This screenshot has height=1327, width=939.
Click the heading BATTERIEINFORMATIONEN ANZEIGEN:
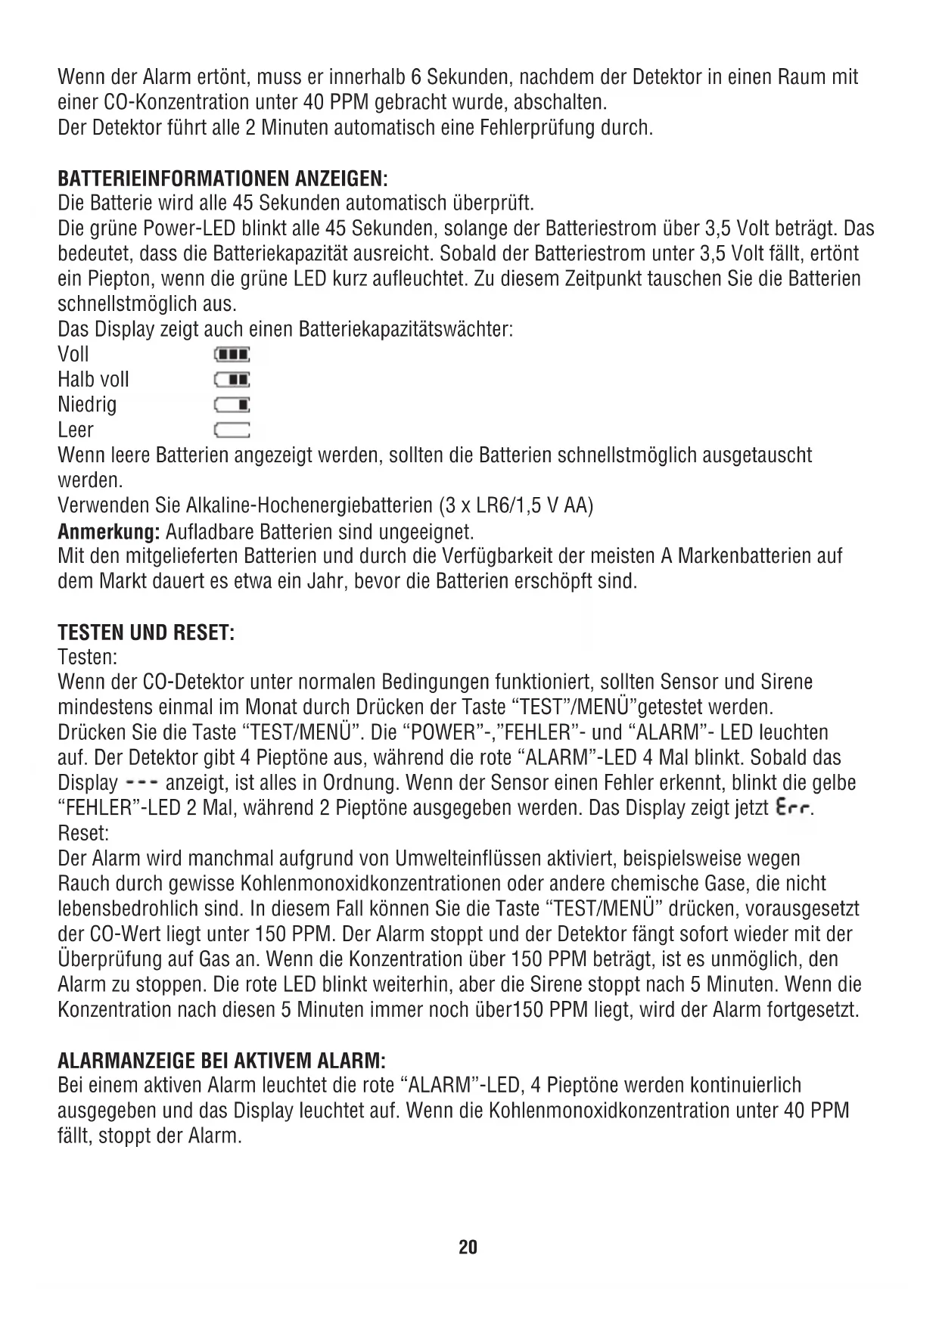click(222, 179)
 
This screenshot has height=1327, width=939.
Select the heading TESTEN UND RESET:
click(146, 632)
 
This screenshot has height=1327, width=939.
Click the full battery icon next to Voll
click(232, 355)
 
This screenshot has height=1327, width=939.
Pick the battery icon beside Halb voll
click(232, 380)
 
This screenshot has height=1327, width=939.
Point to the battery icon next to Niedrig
click(232, 406)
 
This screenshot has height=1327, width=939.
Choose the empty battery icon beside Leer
click(232, 430)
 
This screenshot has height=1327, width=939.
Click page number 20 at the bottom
click(468, 1247)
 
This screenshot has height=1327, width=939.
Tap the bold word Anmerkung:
click(108, 531)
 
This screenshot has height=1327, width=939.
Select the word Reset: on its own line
click(83, 834)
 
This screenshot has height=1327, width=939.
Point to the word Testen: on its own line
click(88, 657)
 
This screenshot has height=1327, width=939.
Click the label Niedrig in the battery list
click(87, 405)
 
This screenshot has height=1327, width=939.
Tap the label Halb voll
click(93, 380)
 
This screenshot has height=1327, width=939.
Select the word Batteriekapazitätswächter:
click(407, 330)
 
